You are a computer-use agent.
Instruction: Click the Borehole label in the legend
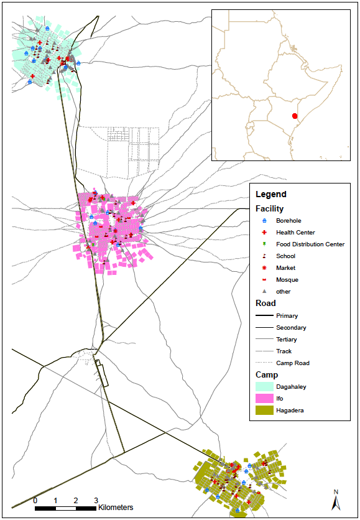(289, 221)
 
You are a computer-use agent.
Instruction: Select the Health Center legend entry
(295, 233)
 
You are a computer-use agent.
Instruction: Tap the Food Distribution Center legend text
(310, 244)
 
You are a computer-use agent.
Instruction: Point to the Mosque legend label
(287, 280)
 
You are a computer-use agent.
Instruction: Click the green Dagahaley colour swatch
(264, 387)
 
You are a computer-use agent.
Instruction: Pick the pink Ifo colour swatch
(264, 399)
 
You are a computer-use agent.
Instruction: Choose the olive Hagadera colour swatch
(264, 411)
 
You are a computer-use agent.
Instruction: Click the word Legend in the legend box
(271, 195)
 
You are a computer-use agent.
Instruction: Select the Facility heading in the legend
(269, 209)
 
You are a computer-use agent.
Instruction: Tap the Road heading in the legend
(265, 304)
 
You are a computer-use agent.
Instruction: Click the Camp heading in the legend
(267, 374)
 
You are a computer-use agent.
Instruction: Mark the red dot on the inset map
(295, 116)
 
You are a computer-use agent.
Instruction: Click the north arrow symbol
(336, 500)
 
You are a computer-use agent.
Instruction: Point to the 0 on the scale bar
(35, 501)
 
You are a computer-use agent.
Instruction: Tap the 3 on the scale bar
(96, 501)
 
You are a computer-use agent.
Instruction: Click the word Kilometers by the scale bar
(116, 508)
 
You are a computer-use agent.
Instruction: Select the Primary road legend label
(287, 316)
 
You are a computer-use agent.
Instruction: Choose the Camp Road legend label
(293, 363)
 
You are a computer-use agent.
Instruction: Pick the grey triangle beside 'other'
(264, 291)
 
